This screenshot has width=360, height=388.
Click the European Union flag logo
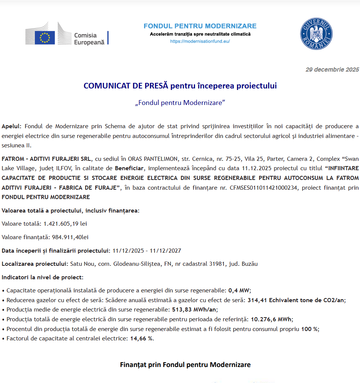coord(45,37)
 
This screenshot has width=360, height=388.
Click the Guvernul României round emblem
coord(316,34)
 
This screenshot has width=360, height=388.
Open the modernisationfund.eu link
coord(200,41)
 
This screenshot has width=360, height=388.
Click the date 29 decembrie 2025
coord(332,69)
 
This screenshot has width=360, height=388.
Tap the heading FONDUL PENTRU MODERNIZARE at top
coord(200,26)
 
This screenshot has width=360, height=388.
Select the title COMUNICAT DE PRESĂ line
coord(180,86)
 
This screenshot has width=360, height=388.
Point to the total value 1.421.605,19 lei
coord(65,224)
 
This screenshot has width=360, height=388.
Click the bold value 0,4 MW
coord(239,290)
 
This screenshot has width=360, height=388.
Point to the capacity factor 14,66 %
coord(142,339)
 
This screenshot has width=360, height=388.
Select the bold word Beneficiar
coord(129,168)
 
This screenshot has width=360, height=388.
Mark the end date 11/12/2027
coord(166,250)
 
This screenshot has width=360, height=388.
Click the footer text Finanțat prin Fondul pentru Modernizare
coord(185,364)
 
